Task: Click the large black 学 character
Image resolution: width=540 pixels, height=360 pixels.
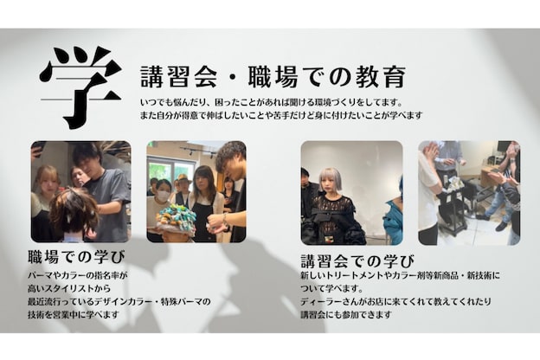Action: coord(80,86)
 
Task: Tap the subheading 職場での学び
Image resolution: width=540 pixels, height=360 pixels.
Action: coord(76,256)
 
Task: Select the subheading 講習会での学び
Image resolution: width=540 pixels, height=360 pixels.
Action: coord(357,260)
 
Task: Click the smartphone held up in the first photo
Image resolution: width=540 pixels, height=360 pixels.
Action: coord(37,149)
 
